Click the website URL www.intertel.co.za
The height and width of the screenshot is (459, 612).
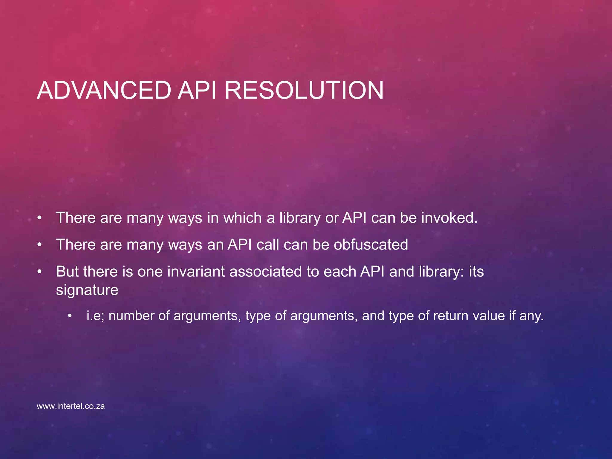[x=71, y=406]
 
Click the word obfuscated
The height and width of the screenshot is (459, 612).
[x=371, y=244]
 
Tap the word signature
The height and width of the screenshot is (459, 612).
[x=87, y=290]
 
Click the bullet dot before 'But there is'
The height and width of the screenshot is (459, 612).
[x=39, y=272]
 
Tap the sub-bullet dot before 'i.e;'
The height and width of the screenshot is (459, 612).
[x=70, y=316]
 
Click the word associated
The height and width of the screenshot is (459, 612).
[x=265, y=271]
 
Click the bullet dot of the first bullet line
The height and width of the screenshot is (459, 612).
[x=39, y=218]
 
